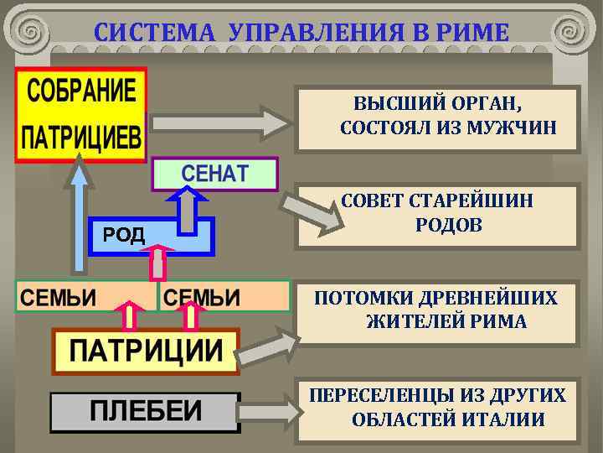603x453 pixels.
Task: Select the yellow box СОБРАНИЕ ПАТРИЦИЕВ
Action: tap(80, 115)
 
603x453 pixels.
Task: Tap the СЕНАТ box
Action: tap(215, 174)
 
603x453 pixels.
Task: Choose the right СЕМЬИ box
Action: tap(223, 296)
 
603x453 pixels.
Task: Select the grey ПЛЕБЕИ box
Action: tap(145, 411)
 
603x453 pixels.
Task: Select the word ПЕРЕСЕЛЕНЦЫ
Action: tap(382, 395)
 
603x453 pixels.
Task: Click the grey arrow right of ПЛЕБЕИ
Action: tap(271, 411)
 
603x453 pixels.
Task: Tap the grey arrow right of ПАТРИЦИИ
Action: tap(271, 344)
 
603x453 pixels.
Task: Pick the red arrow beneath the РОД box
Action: tap(157, 263)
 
